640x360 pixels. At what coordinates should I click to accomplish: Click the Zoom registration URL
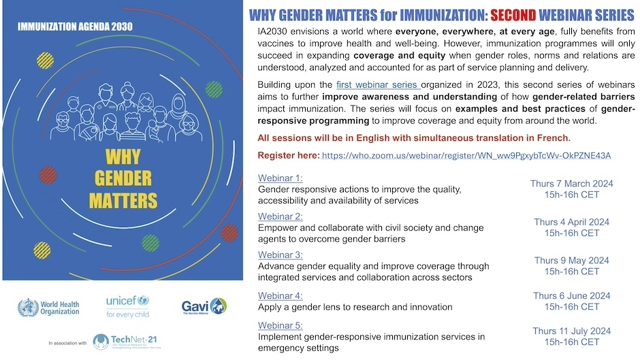pos(466,155)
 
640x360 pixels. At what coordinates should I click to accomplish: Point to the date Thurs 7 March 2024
pos(572,184)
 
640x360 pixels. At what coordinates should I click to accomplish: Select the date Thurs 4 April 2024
pos(572,222)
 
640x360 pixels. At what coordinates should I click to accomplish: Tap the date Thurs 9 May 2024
pos(572,261)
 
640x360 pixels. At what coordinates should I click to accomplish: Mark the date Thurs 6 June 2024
pos(572,296)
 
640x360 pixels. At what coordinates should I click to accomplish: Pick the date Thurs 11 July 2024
pos(572,331)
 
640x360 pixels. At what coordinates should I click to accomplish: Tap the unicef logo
pos(127,306)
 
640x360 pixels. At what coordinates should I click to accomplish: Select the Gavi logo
pos(204,306)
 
